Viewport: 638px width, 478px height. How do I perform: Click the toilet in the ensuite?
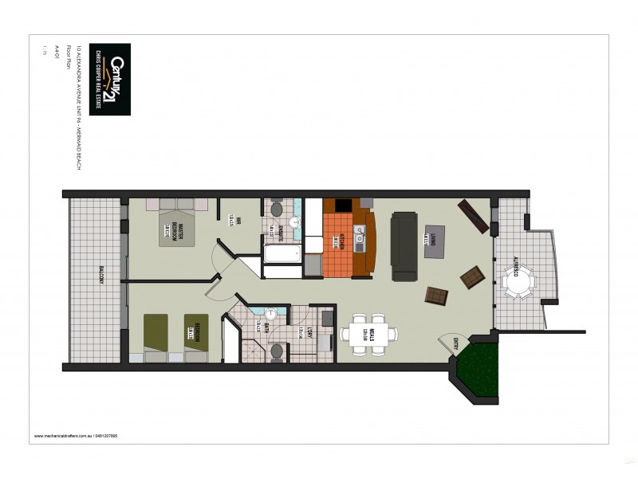coord(276,209)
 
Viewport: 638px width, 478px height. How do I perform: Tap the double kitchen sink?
coord(359,237)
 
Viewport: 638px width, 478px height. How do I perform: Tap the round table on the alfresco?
coord(519,280)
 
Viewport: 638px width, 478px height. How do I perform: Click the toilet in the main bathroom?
coord(277,351)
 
